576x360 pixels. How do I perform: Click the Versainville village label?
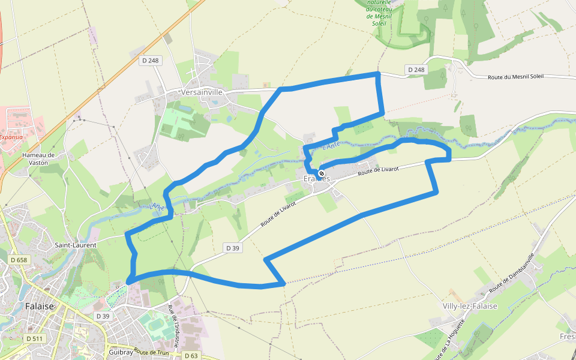click(202, 92)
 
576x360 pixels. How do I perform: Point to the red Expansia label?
click(11, 137)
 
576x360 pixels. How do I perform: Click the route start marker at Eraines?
click(322, 173)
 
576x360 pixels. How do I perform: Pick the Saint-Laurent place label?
click(76, 245)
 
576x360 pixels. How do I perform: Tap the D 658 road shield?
click(19, 260)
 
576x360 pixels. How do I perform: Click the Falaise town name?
click(40, 306)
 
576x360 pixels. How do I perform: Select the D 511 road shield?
click(35, 339)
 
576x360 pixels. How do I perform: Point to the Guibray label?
click(121, 353)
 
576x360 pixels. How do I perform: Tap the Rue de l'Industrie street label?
click(173, 326)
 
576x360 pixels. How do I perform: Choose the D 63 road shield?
click(191, 356)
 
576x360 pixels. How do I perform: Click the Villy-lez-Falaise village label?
click(470, 306)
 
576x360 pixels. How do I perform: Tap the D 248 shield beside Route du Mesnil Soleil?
click(416, 70)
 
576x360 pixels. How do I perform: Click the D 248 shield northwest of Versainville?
click(150, 60)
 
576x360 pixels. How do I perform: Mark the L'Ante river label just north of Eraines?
click(331, 146)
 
